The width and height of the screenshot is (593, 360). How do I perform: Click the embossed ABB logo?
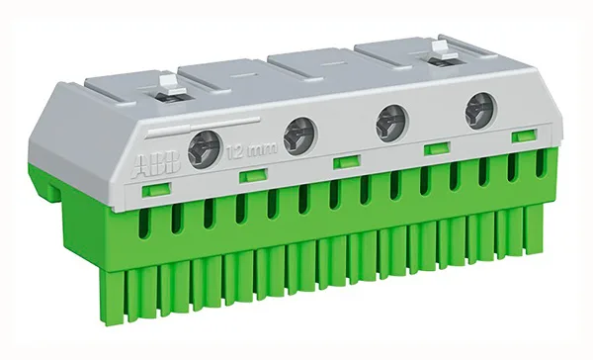[156, 164]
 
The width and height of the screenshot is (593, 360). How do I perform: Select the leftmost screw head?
[204, 149]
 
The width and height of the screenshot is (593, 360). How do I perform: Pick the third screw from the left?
[391, 124]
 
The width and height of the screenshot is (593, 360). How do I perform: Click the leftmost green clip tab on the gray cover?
[156, 189]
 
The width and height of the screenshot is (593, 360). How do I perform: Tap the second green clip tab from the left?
[253, 176]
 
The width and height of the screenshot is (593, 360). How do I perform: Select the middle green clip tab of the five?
[347, 161]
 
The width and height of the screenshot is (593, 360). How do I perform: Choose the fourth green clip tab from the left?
[437, 148]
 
